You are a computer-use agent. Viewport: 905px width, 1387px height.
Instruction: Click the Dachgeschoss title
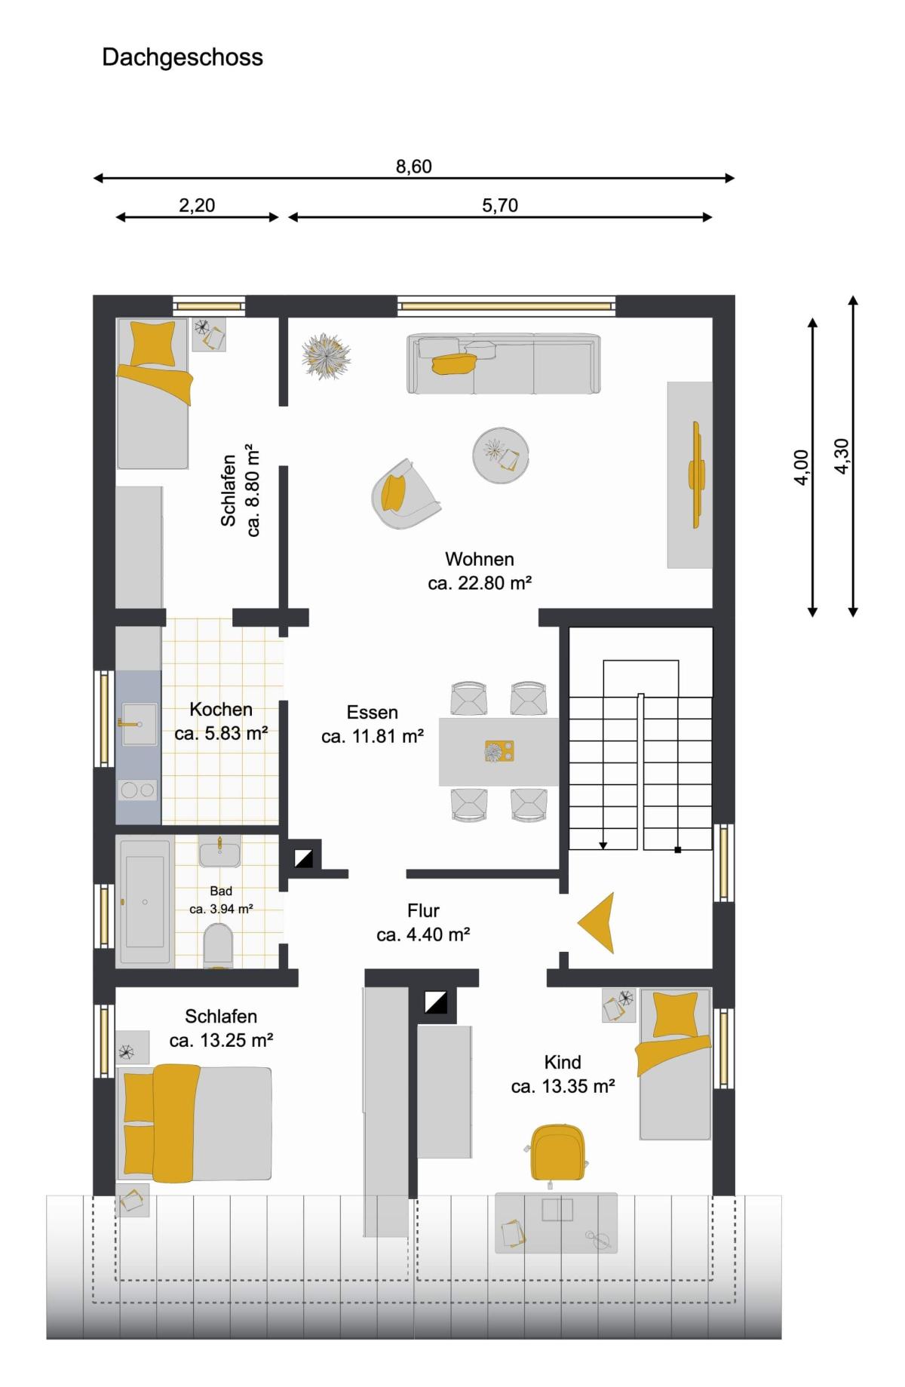[183, 58]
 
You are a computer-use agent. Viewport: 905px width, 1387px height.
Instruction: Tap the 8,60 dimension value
[414, 167]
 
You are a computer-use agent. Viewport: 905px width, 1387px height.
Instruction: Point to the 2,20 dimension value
[197, 205]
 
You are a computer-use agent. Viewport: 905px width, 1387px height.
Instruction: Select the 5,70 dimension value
[500, 205]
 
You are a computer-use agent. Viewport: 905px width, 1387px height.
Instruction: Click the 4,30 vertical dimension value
[842, 456]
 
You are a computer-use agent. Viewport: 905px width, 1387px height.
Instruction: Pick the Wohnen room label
[480, 560]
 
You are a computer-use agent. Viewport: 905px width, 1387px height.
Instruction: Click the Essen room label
[373, 713]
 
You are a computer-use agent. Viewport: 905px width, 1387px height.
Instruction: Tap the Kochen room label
[221, 710]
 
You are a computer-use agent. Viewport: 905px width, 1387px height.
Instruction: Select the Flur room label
[423, 910]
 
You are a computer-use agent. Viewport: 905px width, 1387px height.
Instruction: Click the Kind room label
[563, 1063]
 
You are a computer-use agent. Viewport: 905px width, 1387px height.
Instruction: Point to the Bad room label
[221, 891]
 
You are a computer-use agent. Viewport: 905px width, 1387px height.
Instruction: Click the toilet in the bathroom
[219, 947]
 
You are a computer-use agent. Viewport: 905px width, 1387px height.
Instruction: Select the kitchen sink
[139, 724]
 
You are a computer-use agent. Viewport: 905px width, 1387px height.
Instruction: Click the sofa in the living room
[504, 364]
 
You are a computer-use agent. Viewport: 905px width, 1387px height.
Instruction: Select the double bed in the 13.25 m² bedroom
[195, 1123]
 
